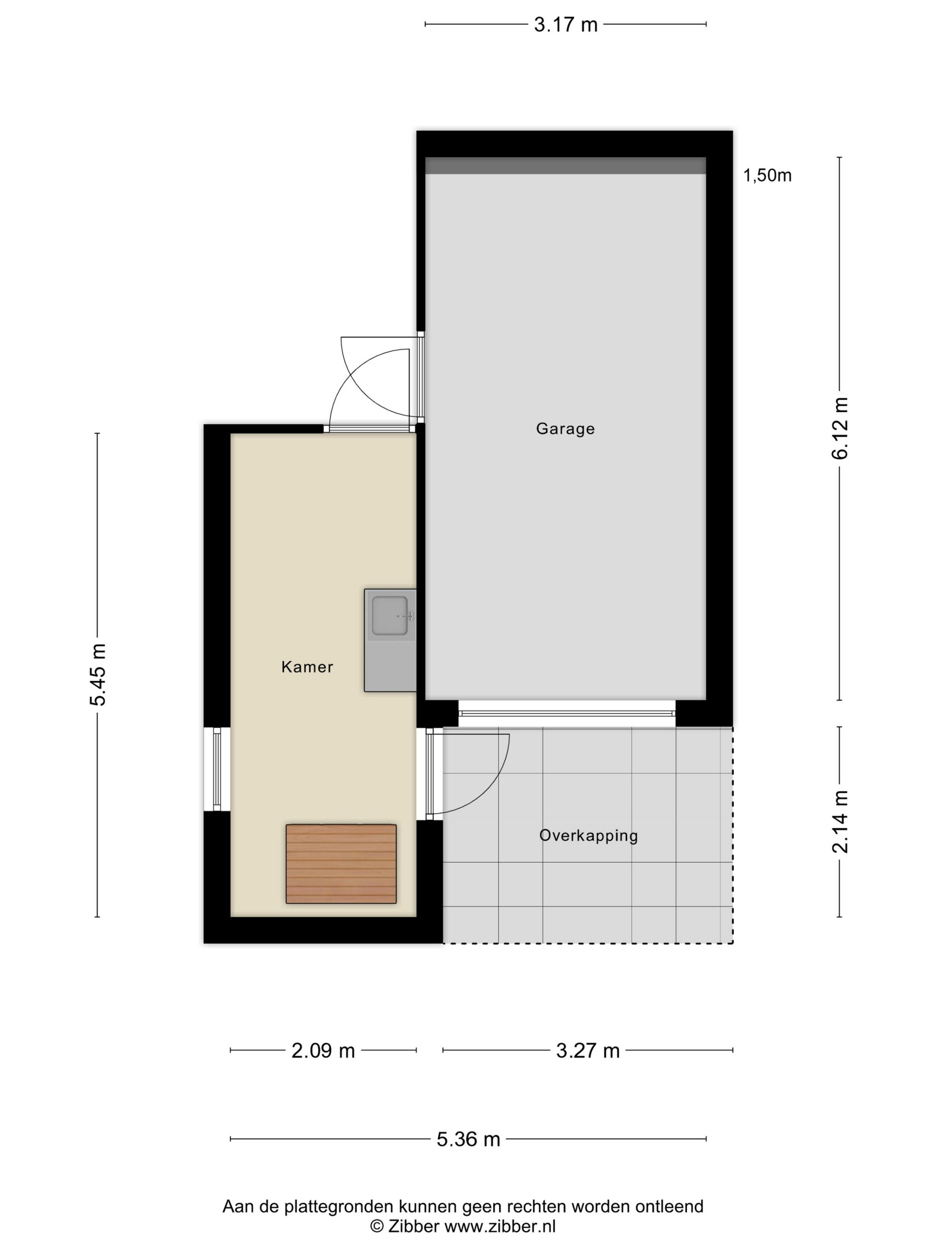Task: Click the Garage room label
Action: pyautogui.click(x=565, y=429)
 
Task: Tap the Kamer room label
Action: pyautogui.click(x=307, y=667)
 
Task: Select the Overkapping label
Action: pyautogui.click(x=588, y=835)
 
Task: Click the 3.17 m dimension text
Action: pyautogui.click(x=565, y=25)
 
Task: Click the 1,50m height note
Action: pyautogui.click(x=767, y=176)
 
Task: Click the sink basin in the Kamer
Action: pyautogui.click(x=389, y=616)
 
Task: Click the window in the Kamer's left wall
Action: pyautogui.click(x=217, y=769)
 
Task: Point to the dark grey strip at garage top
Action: pyautogui.click(x=565, y=165)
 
